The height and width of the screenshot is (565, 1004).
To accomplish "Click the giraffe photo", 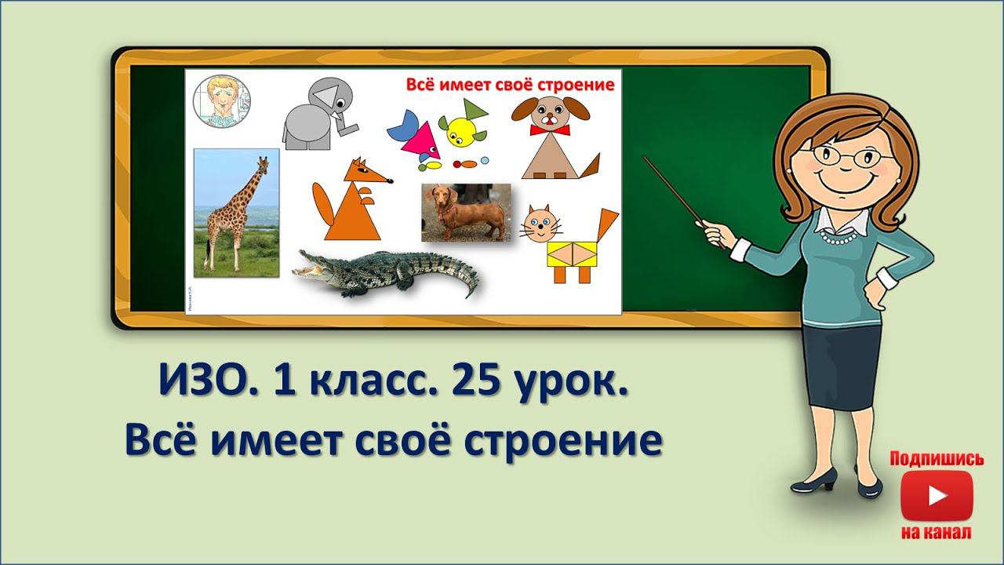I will [236, 213].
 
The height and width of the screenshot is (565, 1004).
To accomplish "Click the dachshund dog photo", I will [466, 212].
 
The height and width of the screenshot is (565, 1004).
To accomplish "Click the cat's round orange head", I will [539, 224].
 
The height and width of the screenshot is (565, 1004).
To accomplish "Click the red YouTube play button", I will [937, 496].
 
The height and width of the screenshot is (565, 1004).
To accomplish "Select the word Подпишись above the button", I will [937, 459].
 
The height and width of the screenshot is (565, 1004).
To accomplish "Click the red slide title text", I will [510, 85].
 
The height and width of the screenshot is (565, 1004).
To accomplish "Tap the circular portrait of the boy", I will [221, 102].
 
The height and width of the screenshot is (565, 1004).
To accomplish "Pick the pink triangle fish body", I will [420, 141].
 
